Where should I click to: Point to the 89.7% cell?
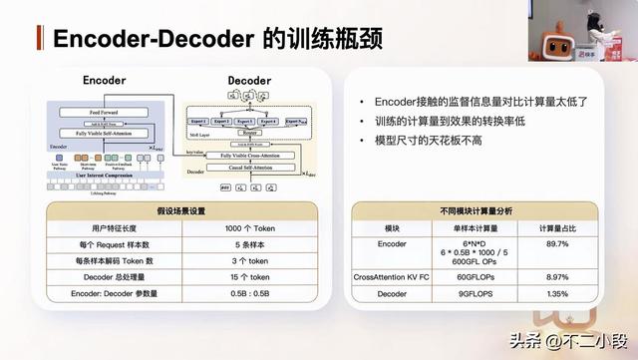click(x=557, y=243)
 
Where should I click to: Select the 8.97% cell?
click(x=557, y=276)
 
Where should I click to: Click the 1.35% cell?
click(x=557, y=294)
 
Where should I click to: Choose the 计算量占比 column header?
click(x=557, y=228)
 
